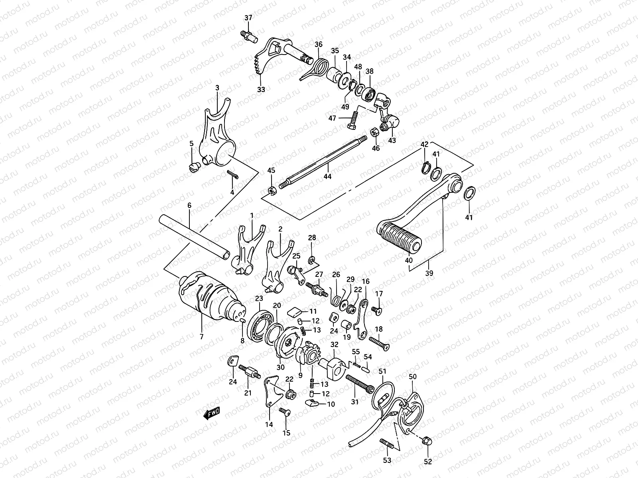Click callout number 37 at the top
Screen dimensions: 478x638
tap(248, 18)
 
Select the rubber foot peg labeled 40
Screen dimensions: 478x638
tap(399, 238)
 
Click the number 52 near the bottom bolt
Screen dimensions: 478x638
tap(427, 462)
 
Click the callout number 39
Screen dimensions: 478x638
tap(429, 274)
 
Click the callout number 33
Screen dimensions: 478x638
tap(261, 90)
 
